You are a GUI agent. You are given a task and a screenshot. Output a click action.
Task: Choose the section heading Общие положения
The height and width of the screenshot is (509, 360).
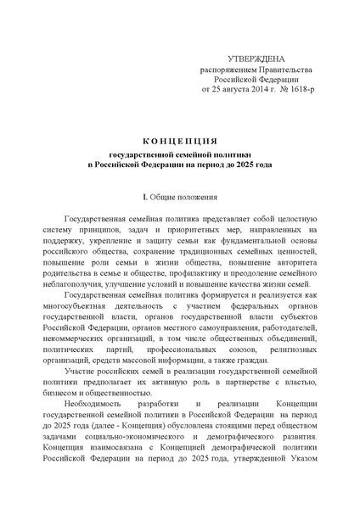184,197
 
